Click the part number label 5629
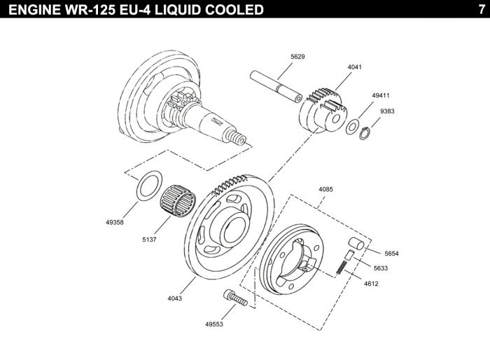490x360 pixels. (297, 57)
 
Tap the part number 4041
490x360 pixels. (355, 67)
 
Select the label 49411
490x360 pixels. (381, 95)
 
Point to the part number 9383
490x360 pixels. (387, 111)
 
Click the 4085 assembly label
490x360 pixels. (326, 189)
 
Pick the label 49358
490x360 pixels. (115, 223)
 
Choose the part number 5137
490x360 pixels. (149, 240)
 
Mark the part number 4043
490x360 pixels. (175, 298)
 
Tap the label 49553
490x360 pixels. (214, 324)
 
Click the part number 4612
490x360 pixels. (371, 284)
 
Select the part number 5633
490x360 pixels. (381, 268)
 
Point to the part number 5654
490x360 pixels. (391, 254)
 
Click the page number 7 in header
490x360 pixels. (482, 9)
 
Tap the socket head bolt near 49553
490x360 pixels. (235, 298)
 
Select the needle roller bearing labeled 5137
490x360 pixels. (178, 201)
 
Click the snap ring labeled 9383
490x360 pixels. (365, 134)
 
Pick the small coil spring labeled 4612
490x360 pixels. (342, 268)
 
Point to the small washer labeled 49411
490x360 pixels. (353, 127)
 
